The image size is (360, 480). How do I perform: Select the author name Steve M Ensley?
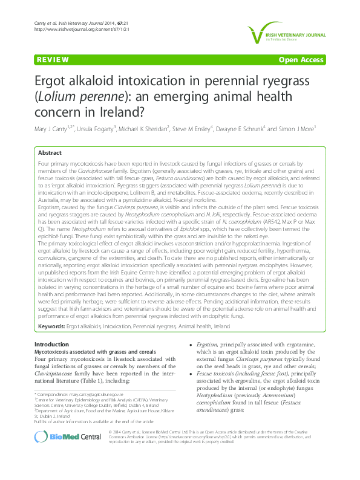(194, 129)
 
